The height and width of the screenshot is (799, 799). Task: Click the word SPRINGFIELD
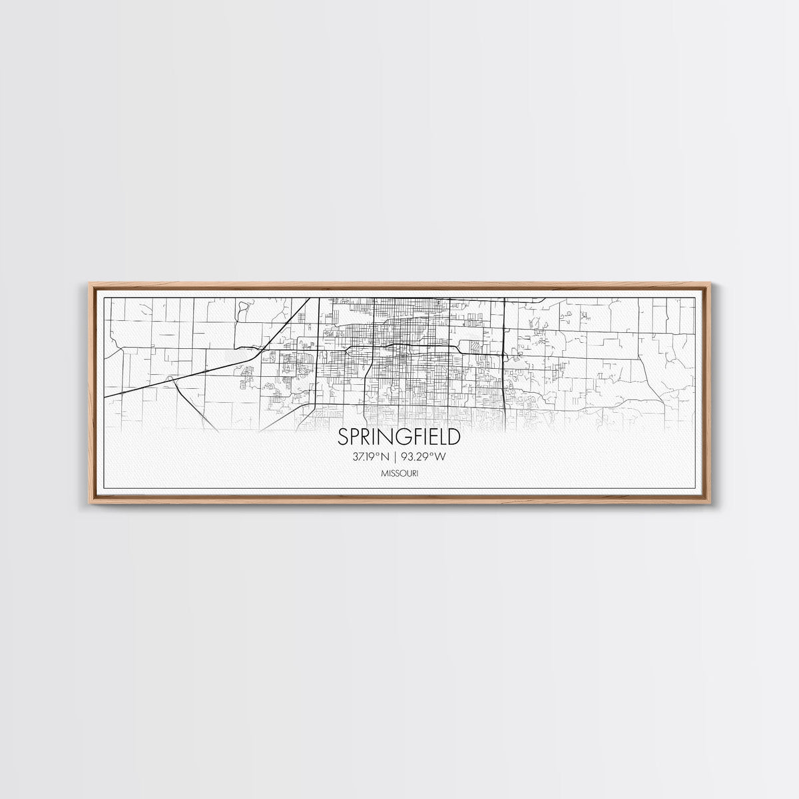coord(399,437)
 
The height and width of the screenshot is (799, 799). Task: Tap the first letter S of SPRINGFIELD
coord(343,437)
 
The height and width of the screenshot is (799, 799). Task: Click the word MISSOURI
coord(400,473)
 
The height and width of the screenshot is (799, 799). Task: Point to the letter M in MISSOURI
coord(384,473)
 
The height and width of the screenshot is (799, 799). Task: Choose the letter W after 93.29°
coord(439,457)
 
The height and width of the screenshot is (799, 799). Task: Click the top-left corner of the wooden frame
coord(91,284)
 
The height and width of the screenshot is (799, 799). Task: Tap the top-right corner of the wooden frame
coord(709,284)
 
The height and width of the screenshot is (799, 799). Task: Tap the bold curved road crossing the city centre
coord(400,345)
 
